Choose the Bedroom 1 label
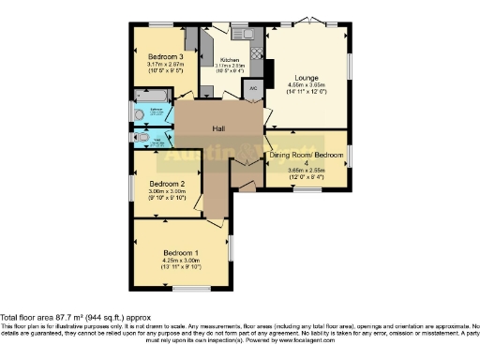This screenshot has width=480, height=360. click(x=181, y=253)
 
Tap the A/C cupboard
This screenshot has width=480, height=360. click(x=252, y=89)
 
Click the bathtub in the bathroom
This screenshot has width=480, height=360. click(x=151, y=95)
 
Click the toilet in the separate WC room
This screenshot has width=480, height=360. click(x=141, y=138)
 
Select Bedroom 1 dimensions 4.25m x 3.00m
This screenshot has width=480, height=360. click(x=181, y=262)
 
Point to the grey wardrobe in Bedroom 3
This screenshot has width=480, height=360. click(x=190, y=40)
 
